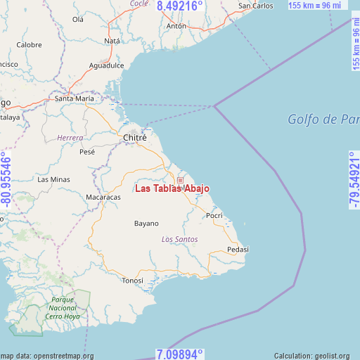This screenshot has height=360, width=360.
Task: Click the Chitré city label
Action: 134,138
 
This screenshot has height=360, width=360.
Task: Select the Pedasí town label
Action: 238,250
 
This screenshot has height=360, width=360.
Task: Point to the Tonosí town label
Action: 132,280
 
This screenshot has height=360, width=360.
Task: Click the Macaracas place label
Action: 103,198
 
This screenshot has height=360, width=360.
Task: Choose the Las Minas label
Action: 54,179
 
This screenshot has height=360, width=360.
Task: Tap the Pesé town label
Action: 87,151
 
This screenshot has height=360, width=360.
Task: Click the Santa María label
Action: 75,99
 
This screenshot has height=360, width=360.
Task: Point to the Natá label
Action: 112,41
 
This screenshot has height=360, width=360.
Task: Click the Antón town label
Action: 176,26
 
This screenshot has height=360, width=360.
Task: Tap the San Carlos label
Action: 256,6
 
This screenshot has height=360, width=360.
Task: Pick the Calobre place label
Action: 30,44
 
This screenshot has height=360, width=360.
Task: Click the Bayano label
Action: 146,224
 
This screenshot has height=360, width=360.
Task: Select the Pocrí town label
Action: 214,215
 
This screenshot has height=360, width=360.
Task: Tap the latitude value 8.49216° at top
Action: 180,6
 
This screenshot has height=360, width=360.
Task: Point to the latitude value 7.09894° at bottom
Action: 179,354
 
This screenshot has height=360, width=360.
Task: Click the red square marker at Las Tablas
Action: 180,181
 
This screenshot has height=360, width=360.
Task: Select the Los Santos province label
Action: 179,240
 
